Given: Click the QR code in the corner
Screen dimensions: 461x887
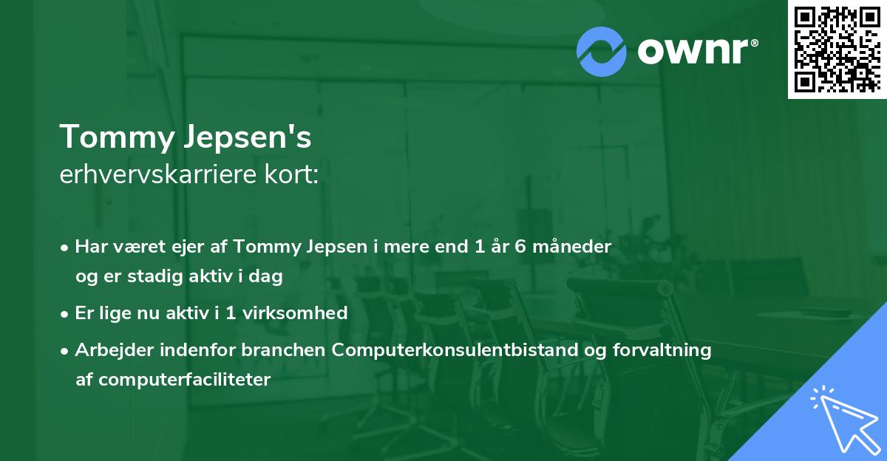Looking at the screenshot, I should coord(837,49).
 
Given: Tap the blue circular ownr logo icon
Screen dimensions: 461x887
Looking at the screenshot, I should coord(602,50).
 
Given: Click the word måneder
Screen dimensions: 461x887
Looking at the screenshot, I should coord(579,247).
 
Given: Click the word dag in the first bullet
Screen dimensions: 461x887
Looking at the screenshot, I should coord(268,276).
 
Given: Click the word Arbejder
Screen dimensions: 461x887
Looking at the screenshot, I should coord(111,350).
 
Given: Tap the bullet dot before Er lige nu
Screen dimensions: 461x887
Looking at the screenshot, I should coord(66,314).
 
